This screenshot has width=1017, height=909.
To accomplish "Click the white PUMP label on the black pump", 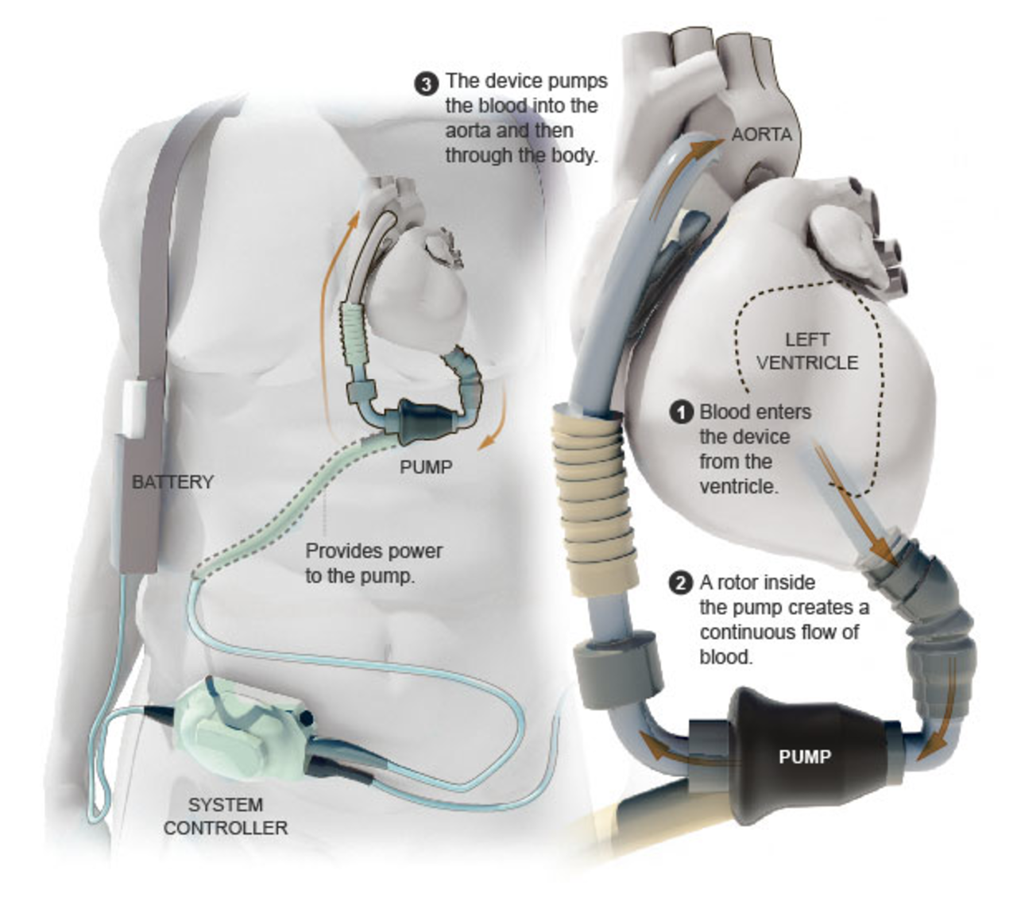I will [x=804, y=756].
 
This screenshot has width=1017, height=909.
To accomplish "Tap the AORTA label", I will [x=761, y=134].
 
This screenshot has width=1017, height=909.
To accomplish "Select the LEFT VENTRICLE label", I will [x=806, y=351].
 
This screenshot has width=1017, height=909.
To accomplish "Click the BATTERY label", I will [x=172, y=482].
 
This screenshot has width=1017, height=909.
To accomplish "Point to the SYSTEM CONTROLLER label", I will [x=226, y=816].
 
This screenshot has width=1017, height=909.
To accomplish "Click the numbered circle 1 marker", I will [x=682, y=412].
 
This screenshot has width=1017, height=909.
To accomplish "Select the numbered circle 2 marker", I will [x=682, y=583].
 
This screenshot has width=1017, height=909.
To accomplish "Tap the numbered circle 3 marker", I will [x=427, y=83].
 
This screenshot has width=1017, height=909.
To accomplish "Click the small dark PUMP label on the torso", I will [x=426, y=467].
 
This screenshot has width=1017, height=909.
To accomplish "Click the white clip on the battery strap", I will [x=133, y=408].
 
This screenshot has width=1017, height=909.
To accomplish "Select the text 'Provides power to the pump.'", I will [x=373, y=563].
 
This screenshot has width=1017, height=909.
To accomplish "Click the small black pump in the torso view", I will [x=422, y=420].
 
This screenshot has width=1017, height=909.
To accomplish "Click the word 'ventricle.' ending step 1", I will [x=738, y=486].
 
